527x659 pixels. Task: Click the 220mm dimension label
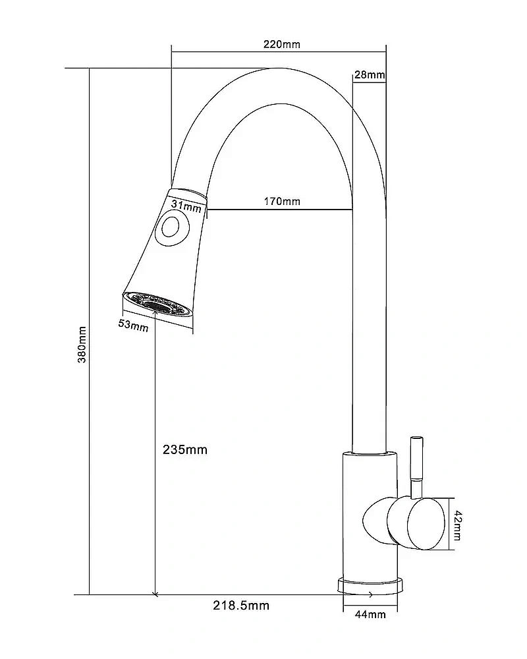click(x=281, y=44)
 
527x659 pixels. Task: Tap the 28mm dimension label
click(x=369, y=75)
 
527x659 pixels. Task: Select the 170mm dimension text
click(x=283, y=201)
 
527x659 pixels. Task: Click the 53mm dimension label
click(x=134, y=325)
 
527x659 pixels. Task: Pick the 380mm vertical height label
click(x=82, y=343)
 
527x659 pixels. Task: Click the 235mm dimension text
click(x=184, y=450)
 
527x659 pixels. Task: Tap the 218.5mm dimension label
click(x=242, y=605)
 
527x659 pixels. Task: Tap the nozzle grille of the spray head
click(x=158, y=304)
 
